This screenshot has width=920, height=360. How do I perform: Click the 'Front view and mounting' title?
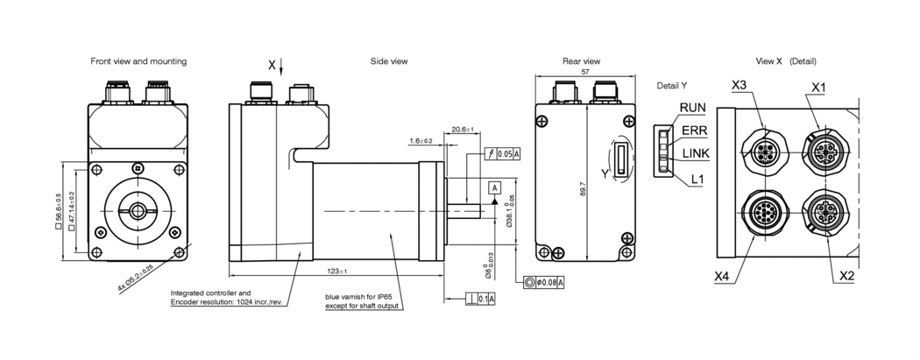pyautogui.click(x=138, y=61)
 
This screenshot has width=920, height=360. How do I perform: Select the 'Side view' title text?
pyautogui.click(x=389, y=61)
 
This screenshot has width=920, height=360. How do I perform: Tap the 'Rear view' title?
pyautogui.click(x=581, y=61)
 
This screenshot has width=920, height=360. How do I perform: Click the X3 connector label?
pyautogui.click(x=739, y=85)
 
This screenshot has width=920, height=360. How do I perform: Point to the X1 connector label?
pyautogui.click(x=818, y=88)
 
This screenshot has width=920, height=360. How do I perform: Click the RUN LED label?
pyautogui.click(x=692, y=108)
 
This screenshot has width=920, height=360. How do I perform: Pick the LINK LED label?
pyautogui.click(x=696, y=154)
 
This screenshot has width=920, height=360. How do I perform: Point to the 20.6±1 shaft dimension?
pyautogui.click(x=462, y=130)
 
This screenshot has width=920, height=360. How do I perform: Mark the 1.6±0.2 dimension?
pyautogui.click(x=421, y=140)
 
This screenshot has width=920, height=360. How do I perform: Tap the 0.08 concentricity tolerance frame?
pyautogui.click(x=543, y=282)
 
